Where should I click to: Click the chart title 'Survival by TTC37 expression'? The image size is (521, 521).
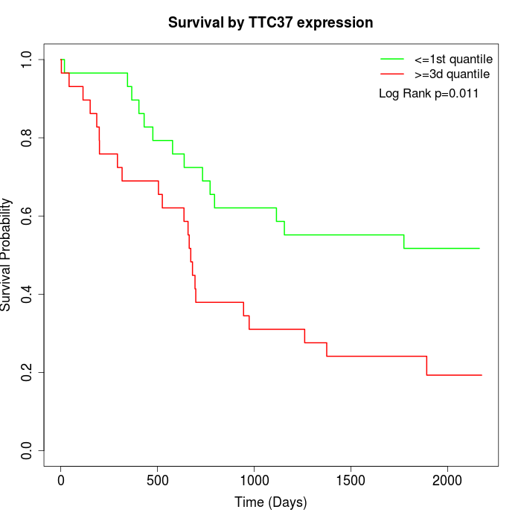[270, 23]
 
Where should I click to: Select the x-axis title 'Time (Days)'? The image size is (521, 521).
[270, 502]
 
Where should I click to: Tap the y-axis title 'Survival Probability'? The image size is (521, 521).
[7, 255]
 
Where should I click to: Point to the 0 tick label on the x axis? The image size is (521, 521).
[61, 480]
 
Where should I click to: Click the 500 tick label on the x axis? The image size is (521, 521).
[158, 480]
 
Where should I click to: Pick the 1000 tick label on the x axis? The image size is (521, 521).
[254, 480]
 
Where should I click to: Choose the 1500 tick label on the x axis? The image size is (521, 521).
[351, 480]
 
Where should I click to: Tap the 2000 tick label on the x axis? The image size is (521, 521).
[447, 480]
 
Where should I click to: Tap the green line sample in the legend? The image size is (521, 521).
[392, 59]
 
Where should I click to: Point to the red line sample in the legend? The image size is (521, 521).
[392, 74]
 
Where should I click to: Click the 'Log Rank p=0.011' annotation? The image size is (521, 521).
[429, 94]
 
